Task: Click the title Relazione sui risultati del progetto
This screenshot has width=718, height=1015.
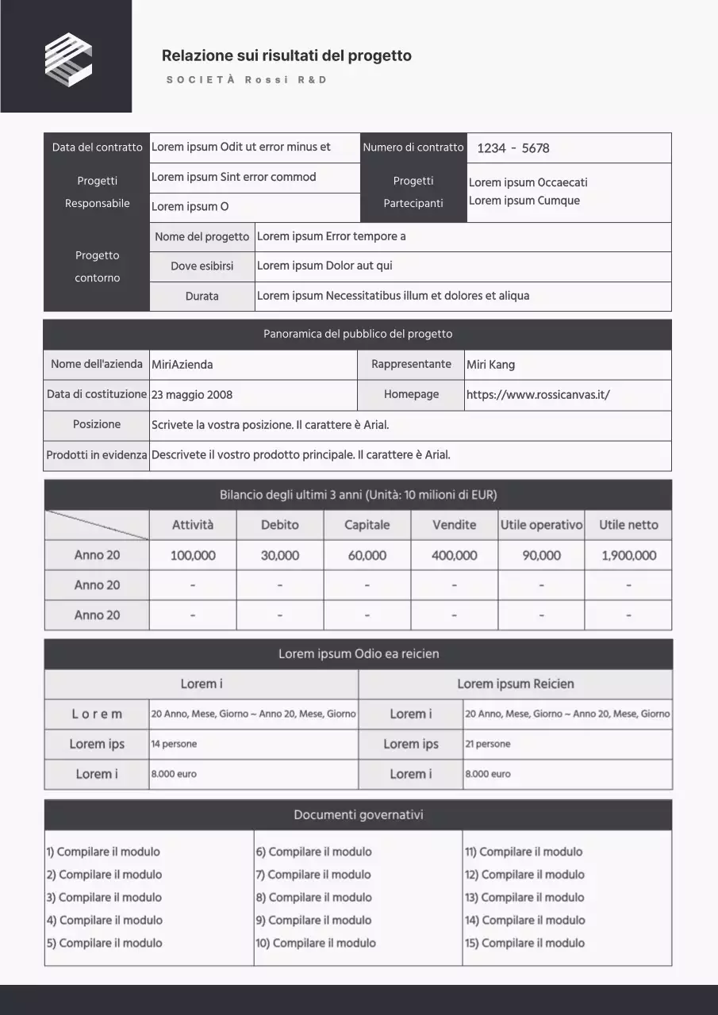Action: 286,56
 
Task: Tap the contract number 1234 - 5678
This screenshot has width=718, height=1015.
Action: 513,148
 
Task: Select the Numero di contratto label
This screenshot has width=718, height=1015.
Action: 413,147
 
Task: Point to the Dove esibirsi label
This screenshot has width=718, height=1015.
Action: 202,266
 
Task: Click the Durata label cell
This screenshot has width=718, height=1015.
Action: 202,297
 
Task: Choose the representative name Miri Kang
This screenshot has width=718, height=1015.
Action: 490,365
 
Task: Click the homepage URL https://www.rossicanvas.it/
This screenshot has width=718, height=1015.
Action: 538,395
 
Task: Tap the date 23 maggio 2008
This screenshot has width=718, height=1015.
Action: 192,395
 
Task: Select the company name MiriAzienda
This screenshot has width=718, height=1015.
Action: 182,365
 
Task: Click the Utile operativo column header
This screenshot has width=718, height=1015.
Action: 541,525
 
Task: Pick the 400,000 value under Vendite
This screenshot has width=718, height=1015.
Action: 454,555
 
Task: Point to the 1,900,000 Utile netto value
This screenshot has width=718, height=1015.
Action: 628,555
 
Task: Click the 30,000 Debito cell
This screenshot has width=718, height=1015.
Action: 280,555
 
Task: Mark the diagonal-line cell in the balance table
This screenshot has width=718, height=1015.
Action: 97,525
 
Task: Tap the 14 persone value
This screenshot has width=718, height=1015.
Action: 175,744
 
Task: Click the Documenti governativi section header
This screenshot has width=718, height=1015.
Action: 358,815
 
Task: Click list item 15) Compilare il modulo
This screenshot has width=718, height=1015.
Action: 524,943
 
